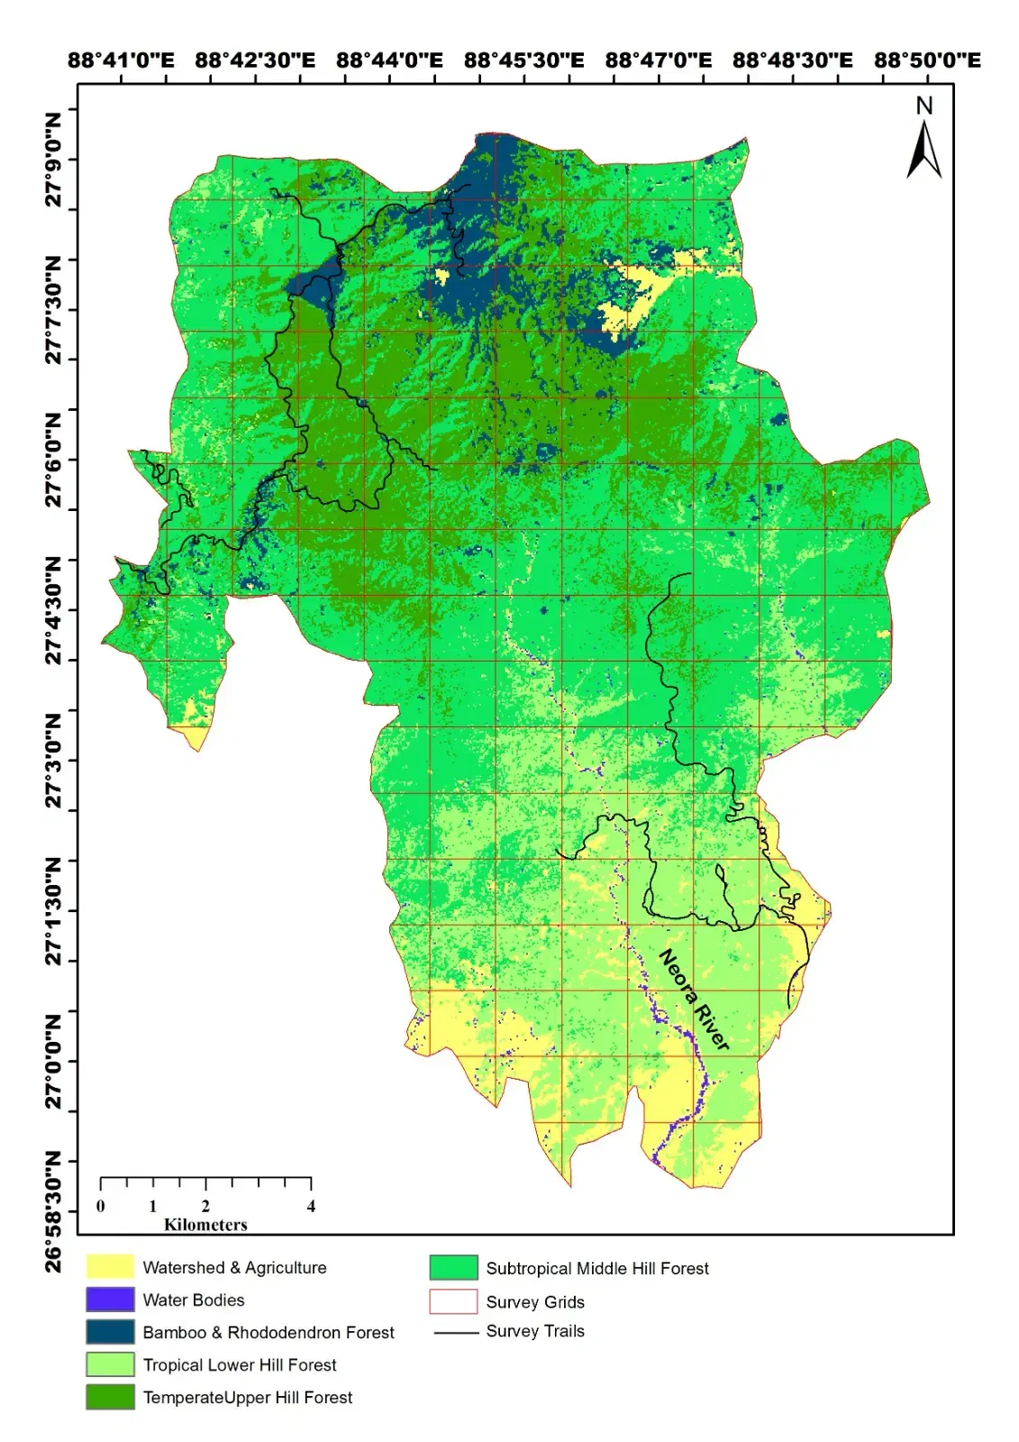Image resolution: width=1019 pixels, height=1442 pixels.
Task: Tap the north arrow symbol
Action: tap(923, 151)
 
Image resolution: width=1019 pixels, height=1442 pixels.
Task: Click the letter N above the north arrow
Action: tap(923, 106)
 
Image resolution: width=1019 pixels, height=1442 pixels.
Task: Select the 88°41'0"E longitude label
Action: tap(121, 60)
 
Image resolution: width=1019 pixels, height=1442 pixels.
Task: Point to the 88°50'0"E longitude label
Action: tap(927, 60)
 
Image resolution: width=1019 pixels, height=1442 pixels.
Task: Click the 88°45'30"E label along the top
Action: tap(523, 60)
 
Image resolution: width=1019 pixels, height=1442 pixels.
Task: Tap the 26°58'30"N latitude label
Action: tap(54, 1212)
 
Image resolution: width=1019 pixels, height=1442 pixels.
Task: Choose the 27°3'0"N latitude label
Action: tap(54, 762)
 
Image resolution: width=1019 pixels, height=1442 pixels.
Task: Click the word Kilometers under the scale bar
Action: tap(205, 1225)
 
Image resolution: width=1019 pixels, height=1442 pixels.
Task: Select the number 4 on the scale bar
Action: tap(311, 1207)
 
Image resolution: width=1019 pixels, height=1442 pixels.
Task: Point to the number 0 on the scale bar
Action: tap(101, 1207)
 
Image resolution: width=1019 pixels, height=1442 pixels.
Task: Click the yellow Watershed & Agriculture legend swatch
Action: tap(110, 1267)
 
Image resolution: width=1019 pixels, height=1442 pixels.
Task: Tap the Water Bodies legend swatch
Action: tap(110, 1300)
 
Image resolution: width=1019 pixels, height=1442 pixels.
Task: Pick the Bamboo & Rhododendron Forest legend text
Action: tap(268, 1332)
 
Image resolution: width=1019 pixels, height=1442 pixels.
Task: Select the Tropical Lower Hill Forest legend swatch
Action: tap(110, 1364)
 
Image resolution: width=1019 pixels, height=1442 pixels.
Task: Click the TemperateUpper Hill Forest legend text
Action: tap(247, 1397)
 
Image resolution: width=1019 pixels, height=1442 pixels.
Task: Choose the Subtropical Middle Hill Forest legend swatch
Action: tap(453, 1268)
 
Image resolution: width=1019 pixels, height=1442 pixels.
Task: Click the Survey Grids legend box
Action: tap(453, 1301)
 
